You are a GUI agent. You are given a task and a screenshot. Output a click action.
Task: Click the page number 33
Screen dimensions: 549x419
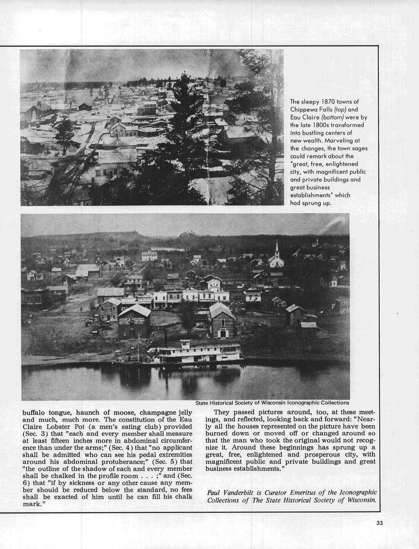[379, 523]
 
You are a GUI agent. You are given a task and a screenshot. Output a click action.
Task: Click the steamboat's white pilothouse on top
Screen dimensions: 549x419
[186, 343]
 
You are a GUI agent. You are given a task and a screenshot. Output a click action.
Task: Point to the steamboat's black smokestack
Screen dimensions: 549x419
[166, 338]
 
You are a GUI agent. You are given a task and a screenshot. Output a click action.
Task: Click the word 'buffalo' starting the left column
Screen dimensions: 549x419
[34, 412]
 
